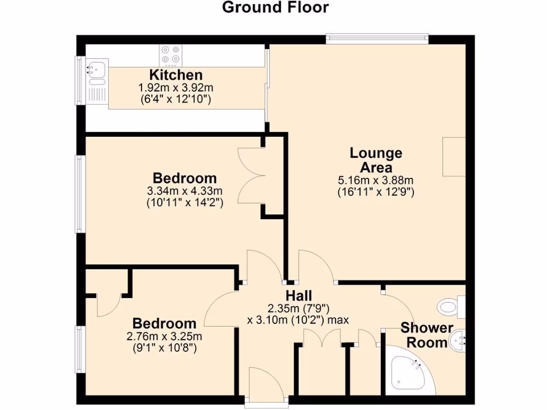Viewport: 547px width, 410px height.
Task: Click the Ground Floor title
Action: point(275,7)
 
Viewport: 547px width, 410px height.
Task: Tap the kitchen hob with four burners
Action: point(170,55)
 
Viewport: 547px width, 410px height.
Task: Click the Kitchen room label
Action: point(176,75)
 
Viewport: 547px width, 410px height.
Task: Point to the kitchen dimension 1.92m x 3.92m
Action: point(176,87)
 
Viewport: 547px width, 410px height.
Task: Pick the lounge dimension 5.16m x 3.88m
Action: point(376,180)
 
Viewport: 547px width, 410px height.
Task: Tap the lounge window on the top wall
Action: point(377,38)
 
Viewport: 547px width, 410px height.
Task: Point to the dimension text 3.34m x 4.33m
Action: point(185,191)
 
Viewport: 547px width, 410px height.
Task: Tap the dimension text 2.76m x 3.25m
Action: point(165,337)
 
